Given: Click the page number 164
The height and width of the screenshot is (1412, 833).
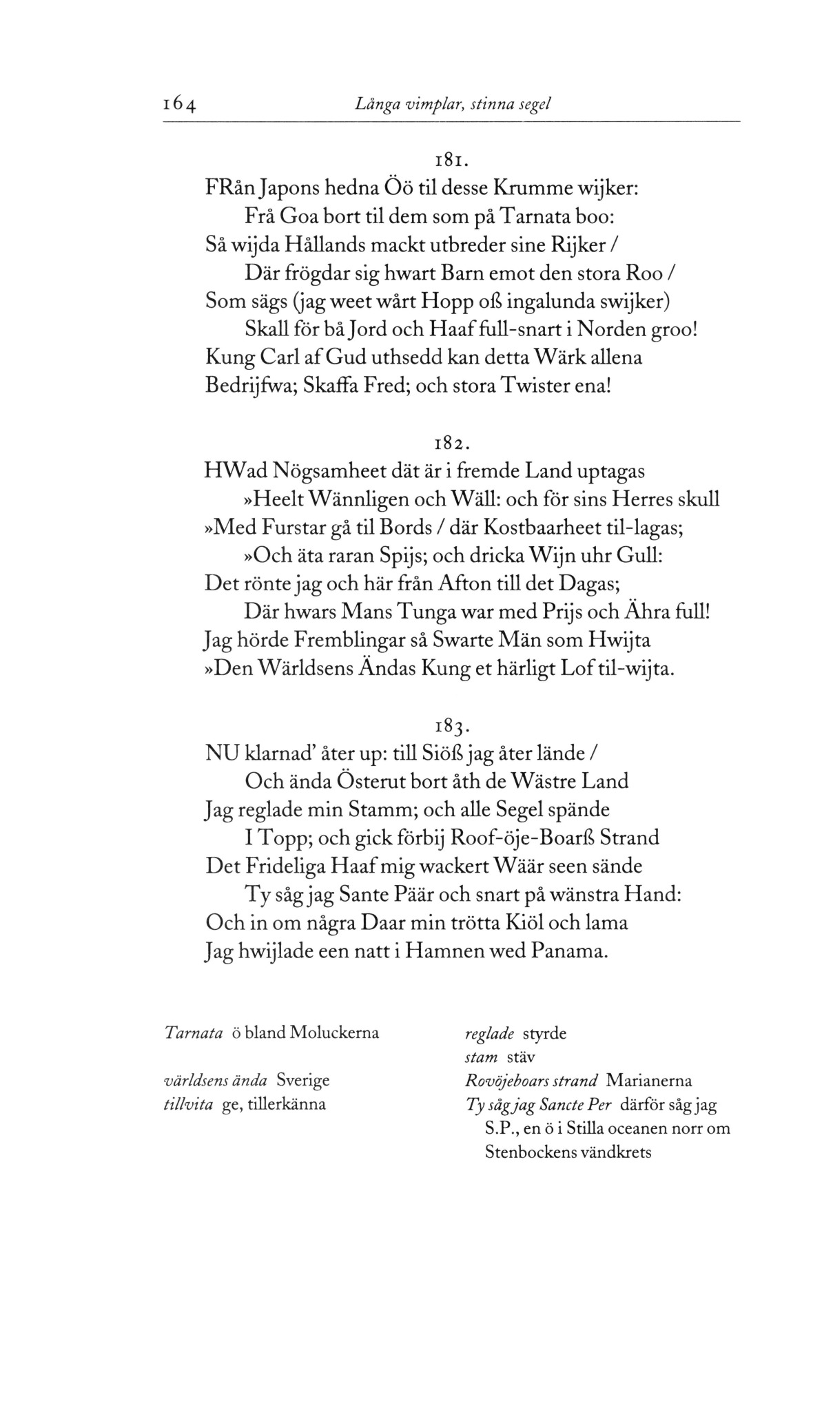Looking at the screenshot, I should (180, 105).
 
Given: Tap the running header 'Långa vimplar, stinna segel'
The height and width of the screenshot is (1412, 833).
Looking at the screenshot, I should (453, 104).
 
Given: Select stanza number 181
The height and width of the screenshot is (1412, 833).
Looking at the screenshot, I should (451, 161).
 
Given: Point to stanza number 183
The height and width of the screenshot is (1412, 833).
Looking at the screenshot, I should (451, 726).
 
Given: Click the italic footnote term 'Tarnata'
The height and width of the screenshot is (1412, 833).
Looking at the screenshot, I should (194, 1034).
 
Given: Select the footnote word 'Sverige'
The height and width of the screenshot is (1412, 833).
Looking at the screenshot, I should (303, 1080).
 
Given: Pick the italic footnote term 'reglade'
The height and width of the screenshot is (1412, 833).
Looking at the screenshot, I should (490, 1034).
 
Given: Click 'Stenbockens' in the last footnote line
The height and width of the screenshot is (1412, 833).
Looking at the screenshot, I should (529, 1152).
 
